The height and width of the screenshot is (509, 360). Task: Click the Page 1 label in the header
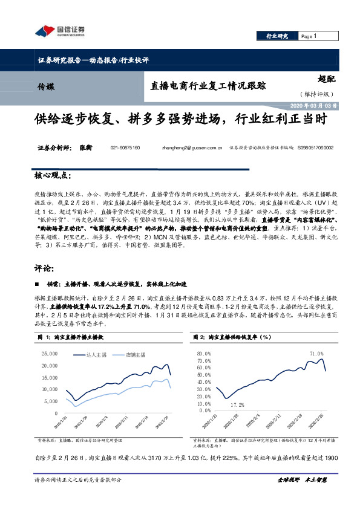click(x=309, y=36)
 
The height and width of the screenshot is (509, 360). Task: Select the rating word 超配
click(x=326, y=78)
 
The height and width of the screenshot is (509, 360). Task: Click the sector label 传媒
click(x=45, y=86)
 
